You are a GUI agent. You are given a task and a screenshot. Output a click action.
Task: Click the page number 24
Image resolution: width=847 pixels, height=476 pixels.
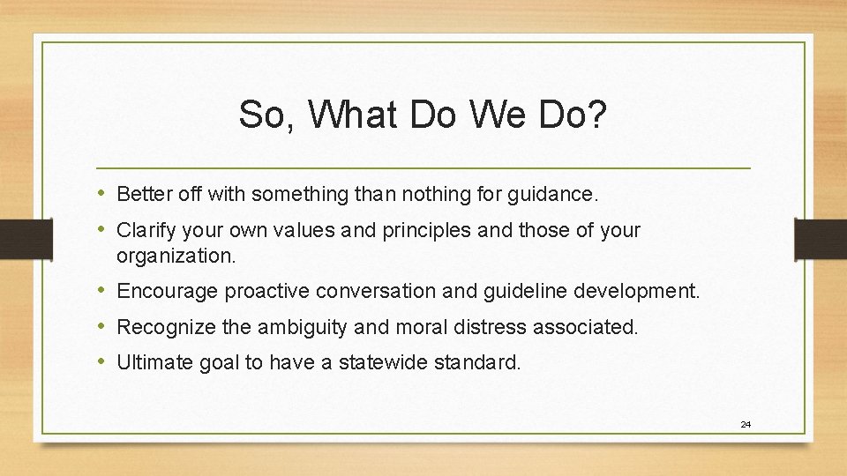coord(746,425)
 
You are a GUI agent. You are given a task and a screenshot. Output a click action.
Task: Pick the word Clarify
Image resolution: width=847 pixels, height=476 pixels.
coord(146,231)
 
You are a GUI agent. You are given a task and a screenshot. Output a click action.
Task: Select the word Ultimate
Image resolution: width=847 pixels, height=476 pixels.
coord(151,362)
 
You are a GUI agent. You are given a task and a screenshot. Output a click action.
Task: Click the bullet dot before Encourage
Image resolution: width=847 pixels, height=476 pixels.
coord(102,290)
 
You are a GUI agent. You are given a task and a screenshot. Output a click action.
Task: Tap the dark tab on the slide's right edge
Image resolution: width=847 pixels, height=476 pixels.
coord(820,238)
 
